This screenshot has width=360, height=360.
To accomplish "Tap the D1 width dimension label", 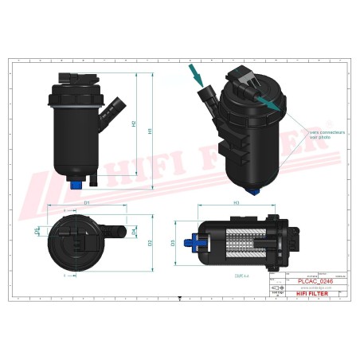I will tap(86, 204).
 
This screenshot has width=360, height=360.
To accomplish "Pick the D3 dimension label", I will tap(173, 242).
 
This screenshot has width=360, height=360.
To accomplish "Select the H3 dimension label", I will tap(237, 204).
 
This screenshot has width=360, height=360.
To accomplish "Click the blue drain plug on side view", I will tap(76, 185).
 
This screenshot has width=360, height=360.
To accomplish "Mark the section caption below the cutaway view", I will tap(239, 275).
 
